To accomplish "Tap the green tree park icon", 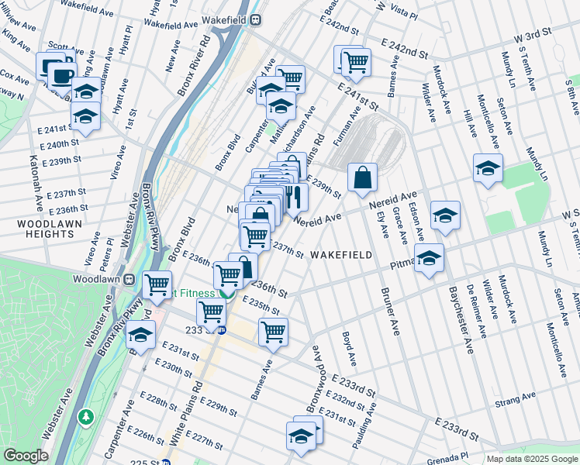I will click(85, 418).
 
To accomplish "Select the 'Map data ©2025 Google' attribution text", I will click(531, 459).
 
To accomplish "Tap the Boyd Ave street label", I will click(349, 349).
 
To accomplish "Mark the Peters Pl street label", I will click(109, 248).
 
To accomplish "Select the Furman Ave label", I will click(347, 126).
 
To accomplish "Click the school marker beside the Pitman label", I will click(428, 260).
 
